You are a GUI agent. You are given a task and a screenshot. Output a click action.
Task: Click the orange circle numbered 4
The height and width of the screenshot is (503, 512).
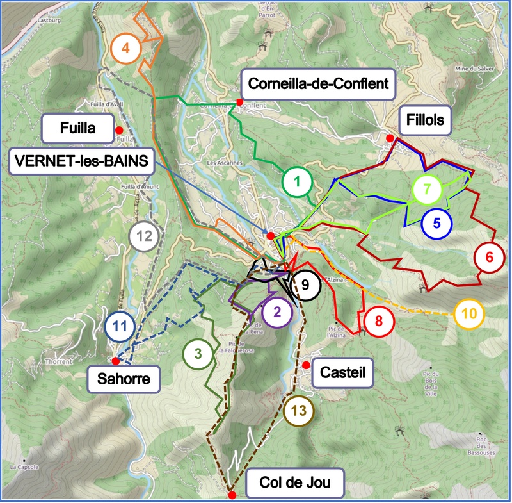(x=126, y=47)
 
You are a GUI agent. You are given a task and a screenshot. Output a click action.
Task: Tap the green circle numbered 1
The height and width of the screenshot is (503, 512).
(x=296, y=182)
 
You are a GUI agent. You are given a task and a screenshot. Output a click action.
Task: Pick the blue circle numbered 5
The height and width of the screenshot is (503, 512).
(x=436, y=223)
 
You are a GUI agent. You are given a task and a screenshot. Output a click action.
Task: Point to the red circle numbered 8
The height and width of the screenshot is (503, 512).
(x=379, y=321)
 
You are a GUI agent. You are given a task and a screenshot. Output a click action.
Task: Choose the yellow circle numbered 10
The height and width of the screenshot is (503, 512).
(x=469, y=313)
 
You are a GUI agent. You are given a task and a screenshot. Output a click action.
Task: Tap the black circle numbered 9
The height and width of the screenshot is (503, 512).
(x=305, y=284)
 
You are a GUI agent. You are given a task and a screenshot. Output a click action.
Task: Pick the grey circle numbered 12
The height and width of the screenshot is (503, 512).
(x=144, y=236)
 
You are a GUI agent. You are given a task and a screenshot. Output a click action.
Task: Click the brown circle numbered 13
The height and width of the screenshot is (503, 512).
(x=296, y=409)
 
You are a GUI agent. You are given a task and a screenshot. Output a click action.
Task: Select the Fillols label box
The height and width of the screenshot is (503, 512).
(x=425, y=120)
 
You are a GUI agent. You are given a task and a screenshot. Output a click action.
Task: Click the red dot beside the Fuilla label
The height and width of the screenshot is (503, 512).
(x=119, y=130)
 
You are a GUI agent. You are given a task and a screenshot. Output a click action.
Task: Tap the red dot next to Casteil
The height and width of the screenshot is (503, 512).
(x=307, y=365)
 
